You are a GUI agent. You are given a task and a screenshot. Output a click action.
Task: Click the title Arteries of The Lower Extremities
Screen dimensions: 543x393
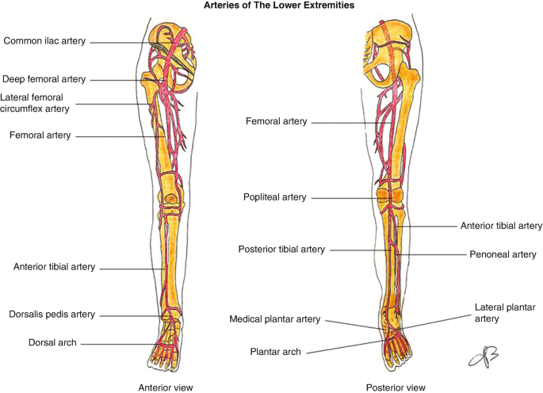[271, 6]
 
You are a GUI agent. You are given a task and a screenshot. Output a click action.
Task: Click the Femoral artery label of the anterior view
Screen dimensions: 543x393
[40, 135]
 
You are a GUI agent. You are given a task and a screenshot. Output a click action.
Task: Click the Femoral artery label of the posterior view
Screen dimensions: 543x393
[277, 122]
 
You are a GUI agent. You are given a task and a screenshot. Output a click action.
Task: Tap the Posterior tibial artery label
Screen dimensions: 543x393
[281, 249]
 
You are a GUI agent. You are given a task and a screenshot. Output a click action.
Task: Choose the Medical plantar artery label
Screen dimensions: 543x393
[275, 319]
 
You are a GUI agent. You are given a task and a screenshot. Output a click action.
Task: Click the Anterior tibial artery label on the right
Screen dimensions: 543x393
[501, 226]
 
